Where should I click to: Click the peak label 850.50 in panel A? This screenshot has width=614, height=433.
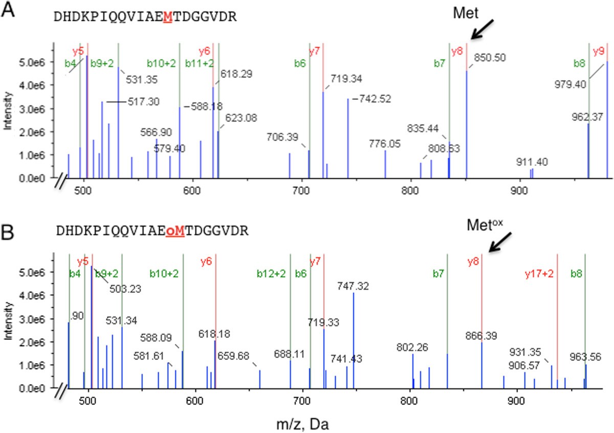coord(490,58)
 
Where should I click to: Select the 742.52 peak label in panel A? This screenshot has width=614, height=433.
coord(375,99)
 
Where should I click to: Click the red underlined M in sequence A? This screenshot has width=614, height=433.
coord(167,16)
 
